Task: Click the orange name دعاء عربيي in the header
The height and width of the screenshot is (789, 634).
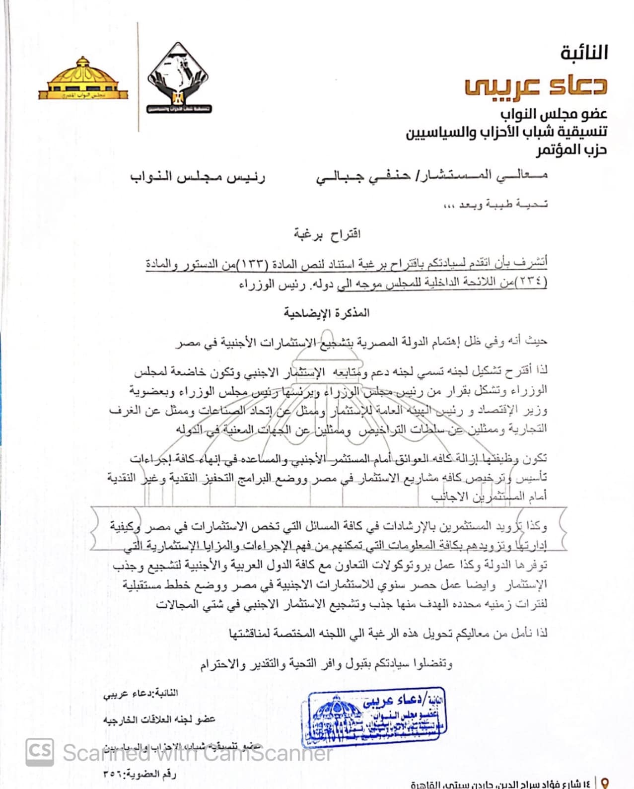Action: click(x=536, y=85)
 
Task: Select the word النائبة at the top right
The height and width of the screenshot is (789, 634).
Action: click(x=584, y=53)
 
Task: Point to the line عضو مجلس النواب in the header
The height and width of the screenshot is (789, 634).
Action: click(x=553, y=114)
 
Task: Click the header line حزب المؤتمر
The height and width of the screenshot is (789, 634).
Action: click(x=571, y=149)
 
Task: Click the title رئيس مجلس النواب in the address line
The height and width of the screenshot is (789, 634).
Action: click(x=198, y=177)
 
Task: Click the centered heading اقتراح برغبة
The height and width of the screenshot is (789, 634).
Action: click(x=327, y=233)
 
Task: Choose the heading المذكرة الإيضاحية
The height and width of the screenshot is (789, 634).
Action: click(x=327, y=313)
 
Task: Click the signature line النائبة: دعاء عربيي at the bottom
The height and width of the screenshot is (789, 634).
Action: click(x=140, y=693)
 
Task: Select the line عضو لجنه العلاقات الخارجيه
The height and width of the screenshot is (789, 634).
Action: click(x=159, y=719)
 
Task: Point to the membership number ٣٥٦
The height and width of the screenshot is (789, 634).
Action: click(x=112, y=774)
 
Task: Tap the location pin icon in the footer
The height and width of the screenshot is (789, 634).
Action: click(x=605, y=784)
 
